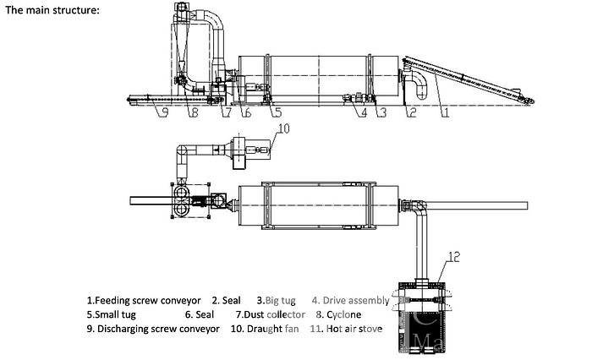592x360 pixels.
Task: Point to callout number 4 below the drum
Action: tap(364, 111)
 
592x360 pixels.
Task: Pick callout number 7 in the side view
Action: tap(226, 111)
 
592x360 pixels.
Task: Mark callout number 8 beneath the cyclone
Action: tap(194, 111)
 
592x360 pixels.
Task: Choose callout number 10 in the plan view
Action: tap(283, 129)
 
